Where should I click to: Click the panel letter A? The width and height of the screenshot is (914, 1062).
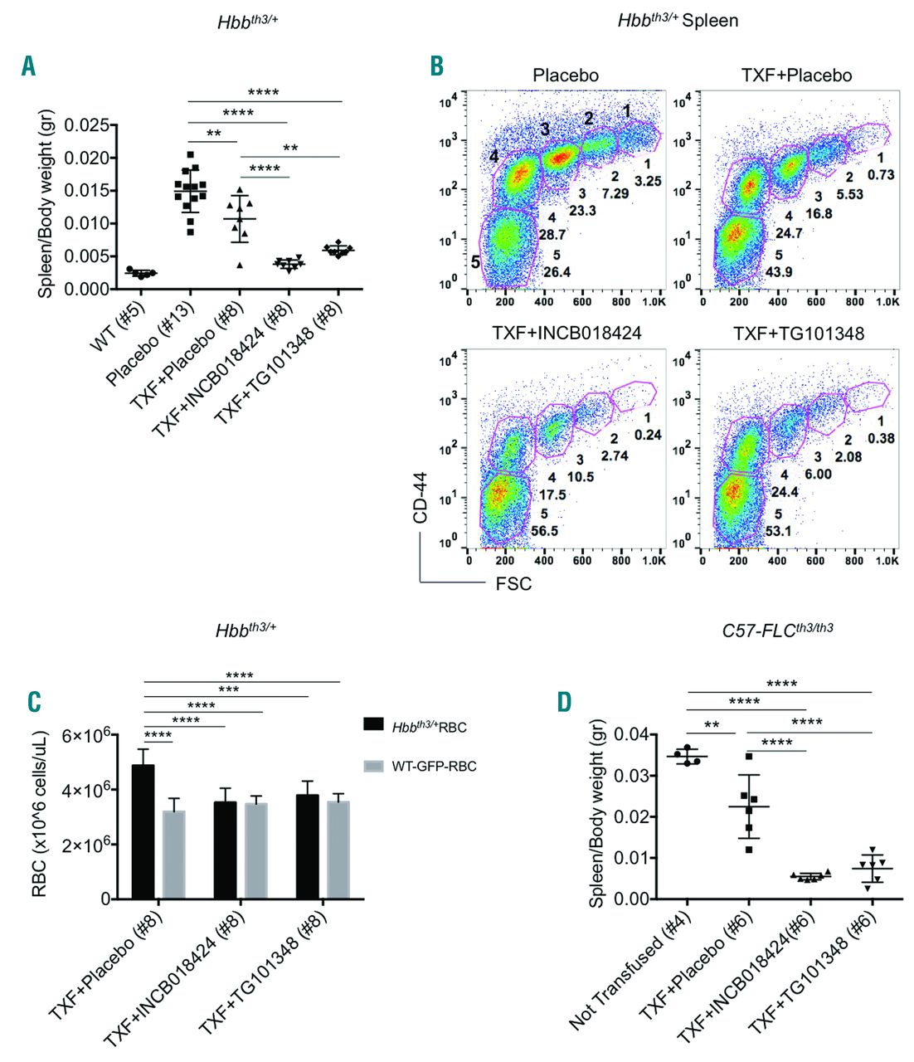28,66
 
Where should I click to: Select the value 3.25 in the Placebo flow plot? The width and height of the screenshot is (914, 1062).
648,181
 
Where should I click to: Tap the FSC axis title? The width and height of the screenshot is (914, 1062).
514,584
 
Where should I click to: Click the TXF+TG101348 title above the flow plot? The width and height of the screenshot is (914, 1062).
787,334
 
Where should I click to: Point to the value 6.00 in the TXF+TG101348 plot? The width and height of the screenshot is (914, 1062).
817,474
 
